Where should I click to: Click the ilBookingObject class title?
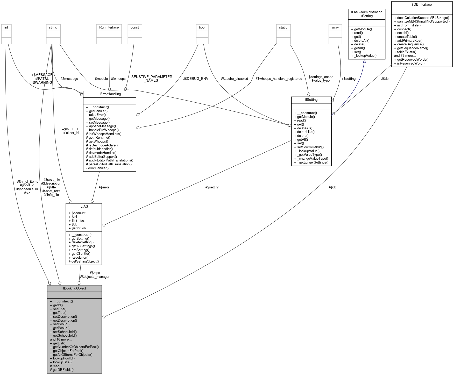[x=74, y=288]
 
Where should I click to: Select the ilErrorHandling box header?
[x=110, y=94]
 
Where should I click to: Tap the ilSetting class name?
[x=311, y=100]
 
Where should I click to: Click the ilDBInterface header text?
[x=422, y=4]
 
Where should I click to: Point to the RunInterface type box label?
[x=109, y=27]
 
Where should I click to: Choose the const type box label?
[x=134, y=27]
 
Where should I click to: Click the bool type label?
[x=202, y=27]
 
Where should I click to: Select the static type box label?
[x=283, y=27]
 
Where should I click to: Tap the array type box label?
[x=335, y=27]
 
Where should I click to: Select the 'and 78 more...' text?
[x=405, y=55]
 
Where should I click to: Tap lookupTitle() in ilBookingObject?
[x=62, y=362]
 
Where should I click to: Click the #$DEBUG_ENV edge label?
[x=196, y=79]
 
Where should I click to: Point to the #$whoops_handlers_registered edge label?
[x=279, y=79]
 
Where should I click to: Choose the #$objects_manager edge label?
[x=95, y=277]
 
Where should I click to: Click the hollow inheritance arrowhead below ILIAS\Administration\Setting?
[x=364, y=61]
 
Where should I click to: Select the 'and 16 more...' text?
[x=61, y=339]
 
